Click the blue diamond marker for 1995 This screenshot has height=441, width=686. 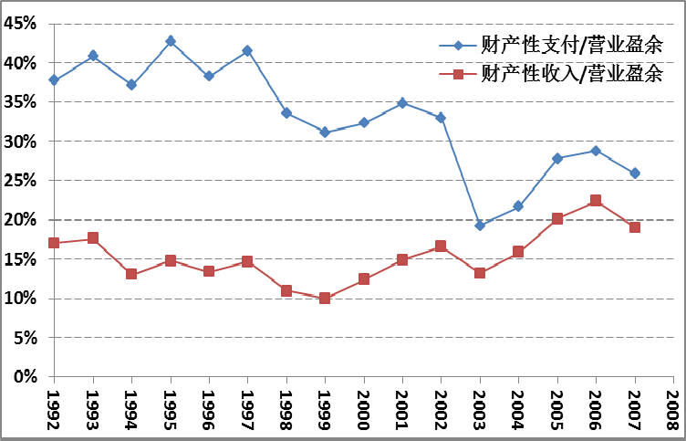(x=171, y=41)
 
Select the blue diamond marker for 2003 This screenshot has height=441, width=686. (x=480, y=226)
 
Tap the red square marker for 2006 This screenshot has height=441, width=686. (x=596, y=201)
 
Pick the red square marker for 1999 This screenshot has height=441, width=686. (x=325, y=298)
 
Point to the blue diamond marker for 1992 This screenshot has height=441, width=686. (x=54, y=80)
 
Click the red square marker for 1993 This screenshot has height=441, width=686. (x=93, y=238)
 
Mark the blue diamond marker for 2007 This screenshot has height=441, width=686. (x=635, y=173)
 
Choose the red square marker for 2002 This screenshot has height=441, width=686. (x=441, y=247)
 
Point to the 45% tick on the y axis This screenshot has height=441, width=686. (x=52, y=25)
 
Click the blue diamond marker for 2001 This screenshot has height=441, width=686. (x=402, y=103)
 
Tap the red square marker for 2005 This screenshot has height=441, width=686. (x=557, y=219)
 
